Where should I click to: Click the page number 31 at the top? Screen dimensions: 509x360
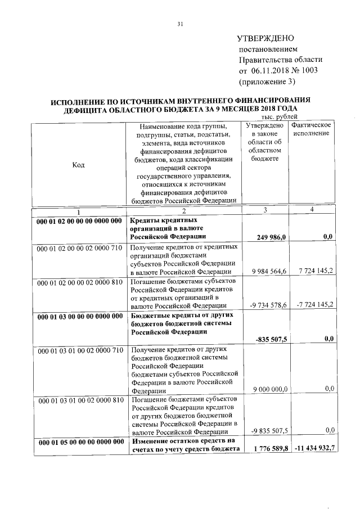pyautogui.click(x=180, y=24)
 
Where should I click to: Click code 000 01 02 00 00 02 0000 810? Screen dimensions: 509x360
pyautogui.click(x=79, y=281)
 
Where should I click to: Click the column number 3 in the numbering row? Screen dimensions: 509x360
pyautogui.click(x=264, y=210)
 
